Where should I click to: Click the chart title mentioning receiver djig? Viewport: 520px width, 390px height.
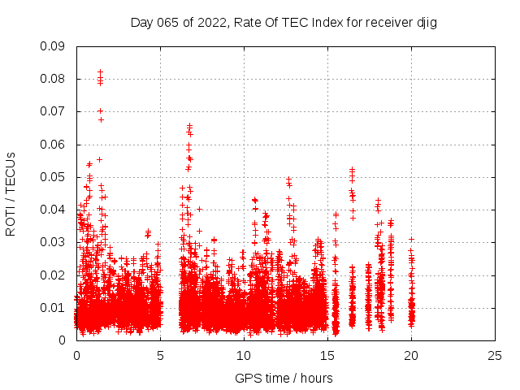[284, 23]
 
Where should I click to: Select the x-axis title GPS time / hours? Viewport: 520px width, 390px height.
[284, 378]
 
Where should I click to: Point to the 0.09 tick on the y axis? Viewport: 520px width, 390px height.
[54, 46]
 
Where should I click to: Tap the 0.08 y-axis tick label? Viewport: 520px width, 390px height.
[54, 79]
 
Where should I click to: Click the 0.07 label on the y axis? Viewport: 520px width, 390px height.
[54, 111]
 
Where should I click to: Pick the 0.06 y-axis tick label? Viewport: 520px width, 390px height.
[54, 145]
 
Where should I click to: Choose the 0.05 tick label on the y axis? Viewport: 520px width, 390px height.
[54, 177]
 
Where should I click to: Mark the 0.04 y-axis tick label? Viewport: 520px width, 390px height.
[54, 210]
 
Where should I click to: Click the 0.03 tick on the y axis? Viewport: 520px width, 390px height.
[54, 242]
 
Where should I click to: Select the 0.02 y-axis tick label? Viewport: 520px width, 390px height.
[54, 275]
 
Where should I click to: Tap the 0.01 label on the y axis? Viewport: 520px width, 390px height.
[54, 307]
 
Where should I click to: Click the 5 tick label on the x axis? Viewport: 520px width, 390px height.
[160, 355]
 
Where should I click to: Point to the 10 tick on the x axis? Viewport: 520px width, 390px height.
[244, 355]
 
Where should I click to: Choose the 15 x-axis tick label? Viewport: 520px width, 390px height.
[327, 355]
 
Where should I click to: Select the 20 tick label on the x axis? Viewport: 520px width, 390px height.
[411, 355]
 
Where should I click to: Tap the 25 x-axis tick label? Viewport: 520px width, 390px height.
[495, 355]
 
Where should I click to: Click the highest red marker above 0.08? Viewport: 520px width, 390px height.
[100, 71]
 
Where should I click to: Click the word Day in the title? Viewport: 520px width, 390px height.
[141, 23]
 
